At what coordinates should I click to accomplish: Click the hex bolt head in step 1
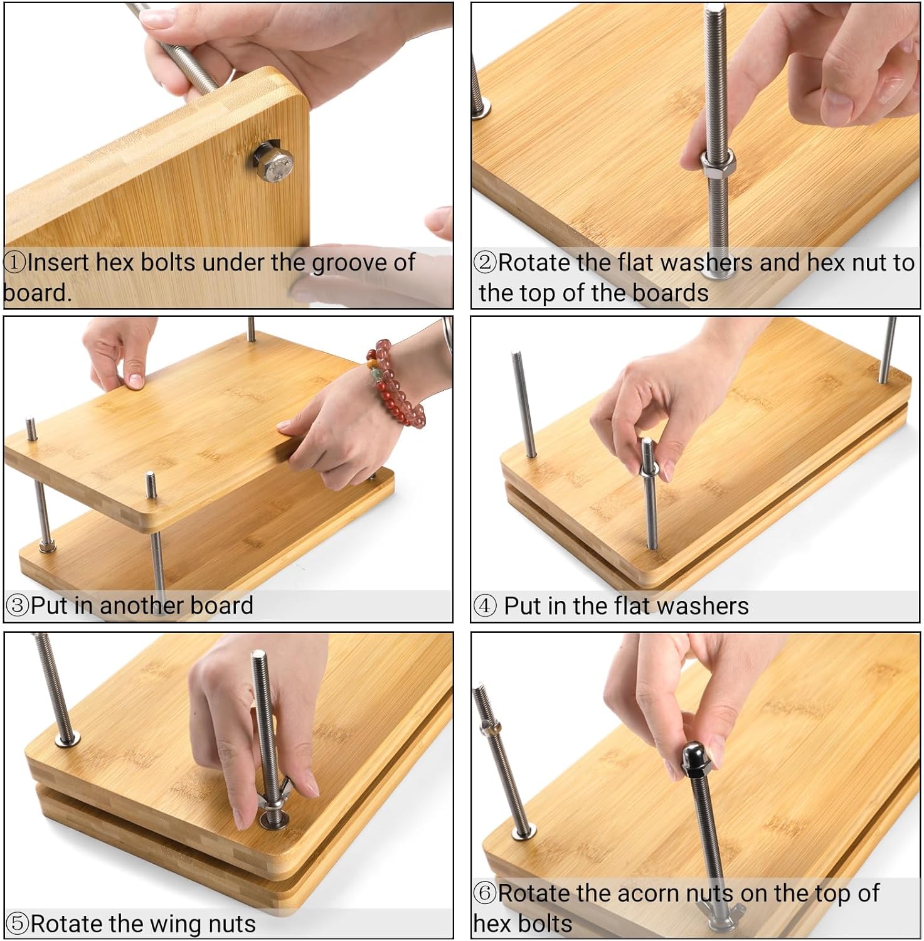pyautogui.click(x=275, y=162)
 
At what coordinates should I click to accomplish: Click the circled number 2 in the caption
pyautogui.click(x=485, y=262)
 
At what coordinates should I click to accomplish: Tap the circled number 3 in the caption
pyautogui.click(x=17, y=605)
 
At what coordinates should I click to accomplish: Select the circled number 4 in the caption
pyautogui.click(x=485, y=606)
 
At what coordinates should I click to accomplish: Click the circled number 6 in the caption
pyautogui.click(x=485, y=893)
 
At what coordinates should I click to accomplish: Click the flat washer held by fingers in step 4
pyautogui.click(x=650, y=467)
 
